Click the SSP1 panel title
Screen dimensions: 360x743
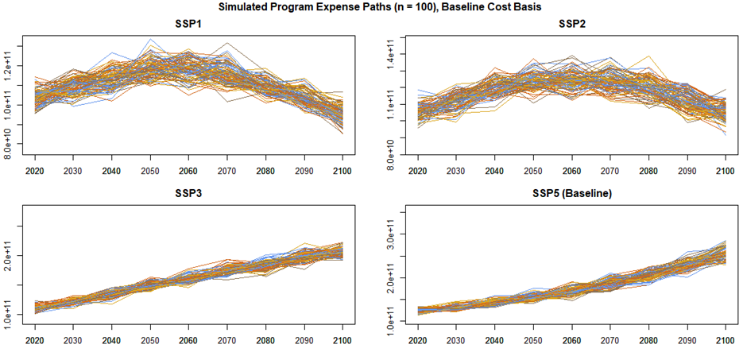188,25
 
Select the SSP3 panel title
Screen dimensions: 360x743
188,195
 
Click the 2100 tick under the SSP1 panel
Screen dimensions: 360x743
342,171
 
